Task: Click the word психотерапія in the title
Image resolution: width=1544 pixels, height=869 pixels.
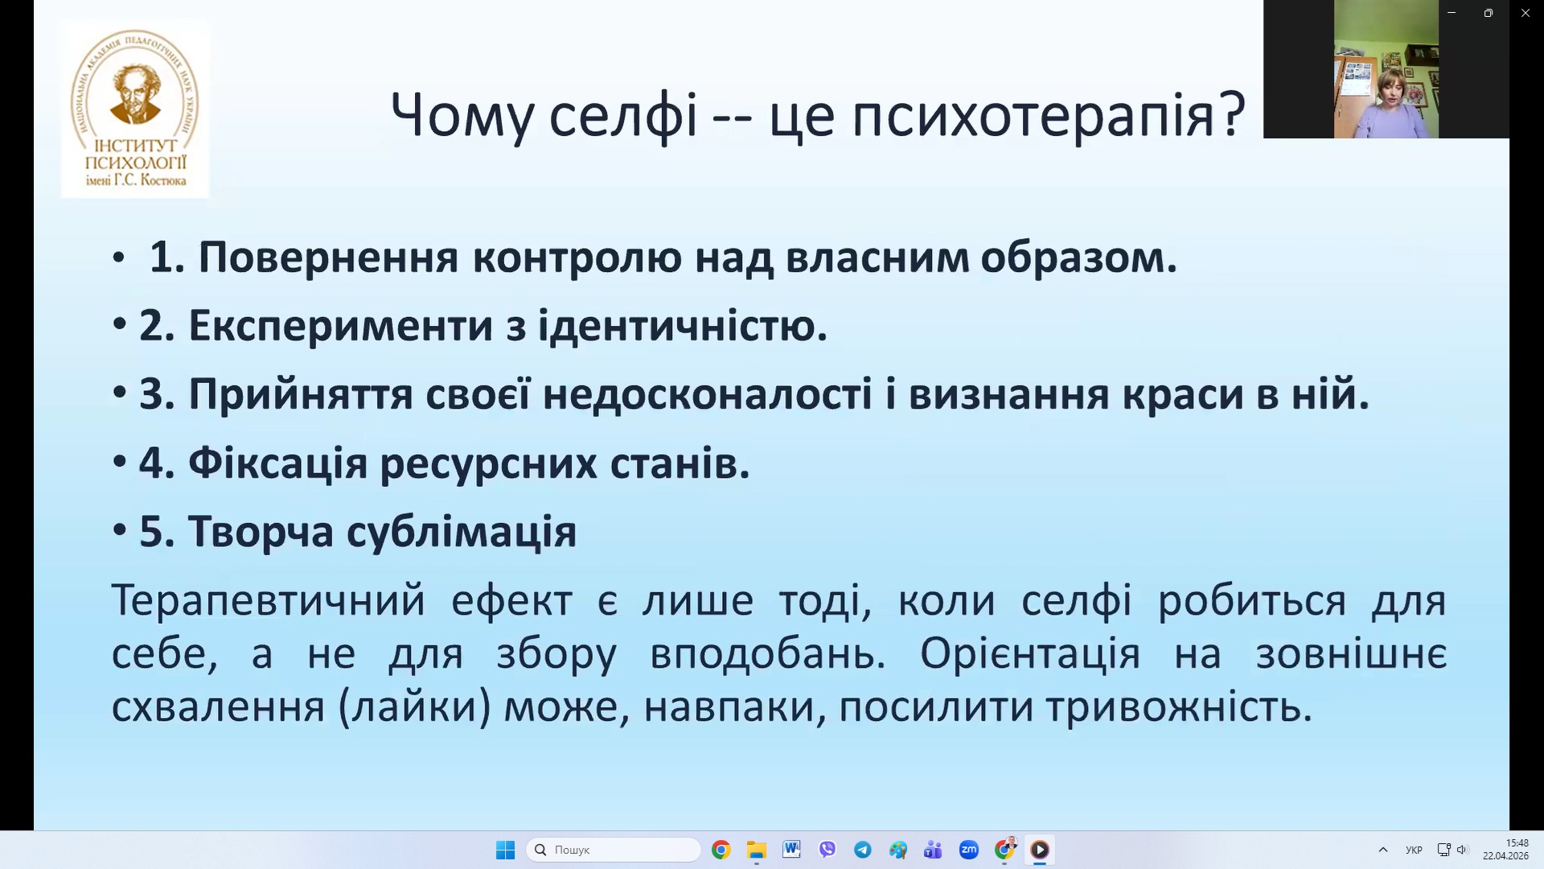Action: click(1048, 116)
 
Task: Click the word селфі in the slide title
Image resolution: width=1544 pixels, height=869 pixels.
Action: click(623, 116)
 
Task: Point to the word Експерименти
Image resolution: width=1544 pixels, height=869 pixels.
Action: click(341, 327)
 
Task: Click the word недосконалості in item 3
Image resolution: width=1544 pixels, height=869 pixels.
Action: click(707, 394)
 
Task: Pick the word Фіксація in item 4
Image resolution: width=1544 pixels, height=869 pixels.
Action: click(277, 463)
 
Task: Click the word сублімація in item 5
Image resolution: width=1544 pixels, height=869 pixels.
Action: click(462, 532)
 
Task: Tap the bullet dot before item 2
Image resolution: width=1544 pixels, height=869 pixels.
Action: click(120, 325)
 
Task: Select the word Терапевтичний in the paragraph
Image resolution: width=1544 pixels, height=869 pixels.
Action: click(268, 600)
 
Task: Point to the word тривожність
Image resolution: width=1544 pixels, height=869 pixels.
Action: click(1179, 707)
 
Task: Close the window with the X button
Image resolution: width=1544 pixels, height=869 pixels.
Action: click(1526, 13)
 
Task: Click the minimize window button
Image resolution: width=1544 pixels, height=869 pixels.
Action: click(1452, 13)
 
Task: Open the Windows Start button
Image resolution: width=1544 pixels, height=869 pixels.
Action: click(505, 850)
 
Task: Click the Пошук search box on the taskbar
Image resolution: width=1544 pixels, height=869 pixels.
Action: click(614, 850)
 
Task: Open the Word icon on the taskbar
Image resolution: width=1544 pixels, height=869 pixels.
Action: click(791, 850)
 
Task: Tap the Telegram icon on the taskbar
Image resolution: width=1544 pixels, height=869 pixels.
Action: click(863, 850)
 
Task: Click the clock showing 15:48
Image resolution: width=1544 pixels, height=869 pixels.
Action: click(1517, 843)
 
